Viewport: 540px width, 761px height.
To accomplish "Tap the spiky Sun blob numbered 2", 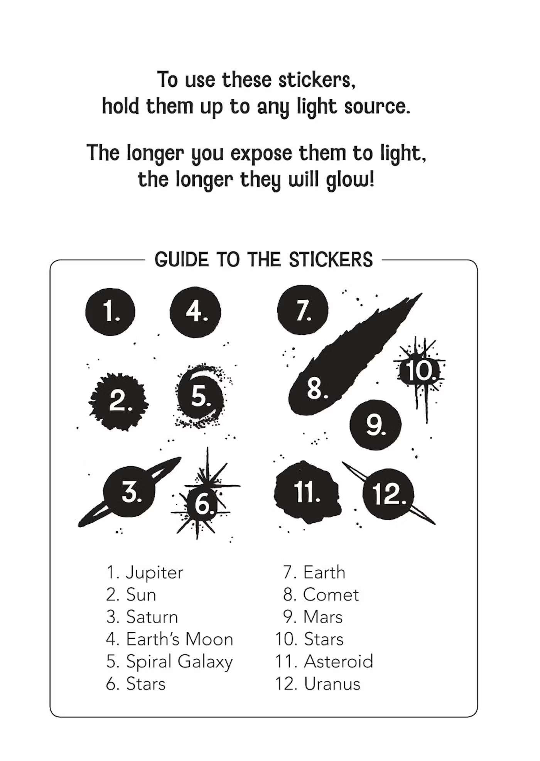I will (119, 401).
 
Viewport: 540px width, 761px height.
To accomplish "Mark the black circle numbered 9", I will (376, 425).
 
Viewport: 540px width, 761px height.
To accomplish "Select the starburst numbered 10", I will (419, 371).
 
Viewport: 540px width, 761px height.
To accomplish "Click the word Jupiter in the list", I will (154, 573).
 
